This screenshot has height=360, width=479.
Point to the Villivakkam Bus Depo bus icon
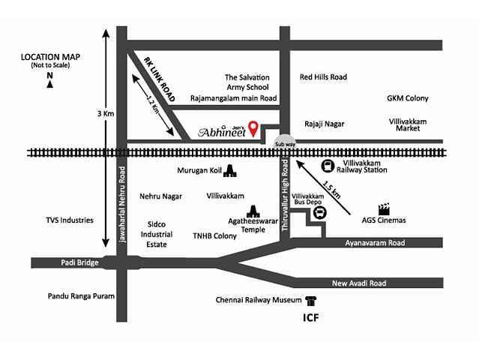(x=320, y=212)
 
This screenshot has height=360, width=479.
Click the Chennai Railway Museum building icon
(x=310, y=300)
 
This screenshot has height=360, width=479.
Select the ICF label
(x=310, y=317)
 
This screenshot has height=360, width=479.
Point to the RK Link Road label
(x=159, y=79)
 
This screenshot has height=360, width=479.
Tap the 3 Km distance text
(x=104, y=113)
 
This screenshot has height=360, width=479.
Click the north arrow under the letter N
(x=49, y=84)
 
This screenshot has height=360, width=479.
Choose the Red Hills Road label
(x=323, y=76)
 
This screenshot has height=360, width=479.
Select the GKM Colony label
(x=407, y=98)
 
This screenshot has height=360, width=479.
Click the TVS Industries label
(x=70, y=220)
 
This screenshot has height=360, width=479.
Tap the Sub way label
(x=286, y=144)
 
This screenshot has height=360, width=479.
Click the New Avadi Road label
(x=360, y=283)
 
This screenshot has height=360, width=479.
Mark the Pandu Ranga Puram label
(x=81, y=296)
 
